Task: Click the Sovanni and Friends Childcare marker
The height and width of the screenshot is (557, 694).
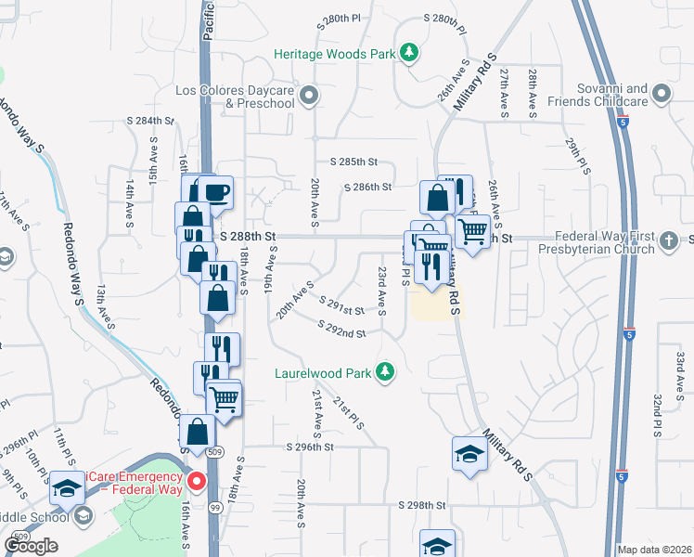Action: point(661,94)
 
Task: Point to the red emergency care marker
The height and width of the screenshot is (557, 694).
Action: point(197,481)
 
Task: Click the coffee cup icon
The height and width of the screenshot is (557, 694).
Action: point(217,193)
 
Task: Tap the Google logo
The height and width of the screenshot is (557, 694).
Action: point(31,546)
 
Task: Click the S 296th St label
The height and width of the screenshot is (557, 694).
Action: point(310,447)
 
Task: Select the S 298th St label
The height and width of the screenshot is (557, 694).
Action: point(422,506)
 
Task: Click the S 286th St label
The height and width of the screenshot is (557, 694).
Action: point(368,187)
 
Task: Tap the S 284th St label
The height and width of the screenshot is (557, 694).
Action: point(151,121)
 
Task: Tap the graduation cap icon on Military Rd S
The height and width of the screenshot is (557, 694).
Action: point(469,454)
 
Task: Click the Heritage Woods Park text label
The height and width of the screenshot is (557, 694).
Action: point(335,54)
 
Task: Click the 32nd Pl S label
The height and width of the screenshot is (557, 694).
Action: point(656,414)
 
